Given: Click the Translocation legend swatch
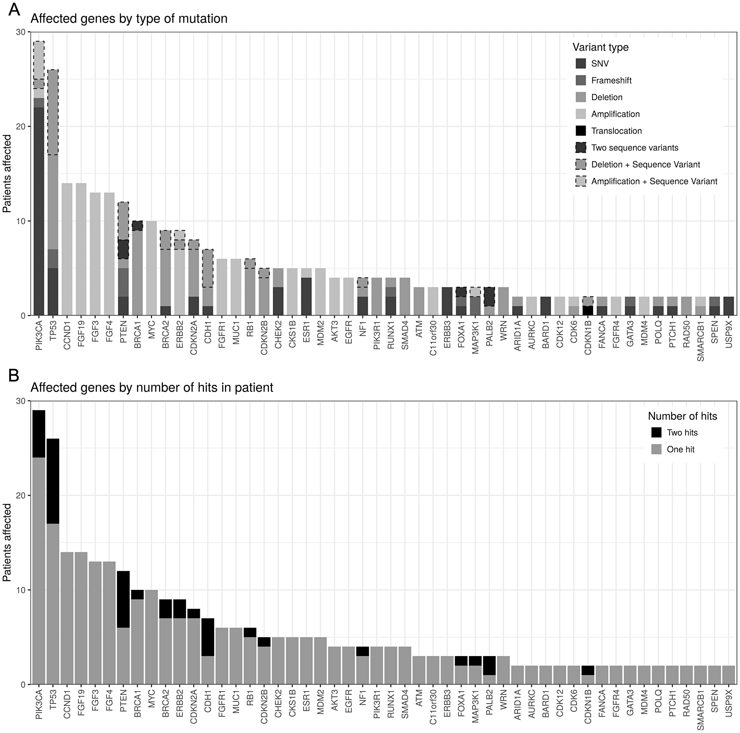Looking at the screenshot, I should (x=581, y=131).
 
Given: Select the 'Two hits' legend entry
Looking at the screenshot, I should (x=682, y=433).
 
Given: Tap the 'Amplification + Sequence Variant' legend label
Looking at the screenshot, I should (x=654, y=181).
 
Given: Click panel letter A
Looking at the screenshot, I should (x=14, y=10).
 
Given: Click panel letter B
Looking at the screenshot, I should (x=14, y=376).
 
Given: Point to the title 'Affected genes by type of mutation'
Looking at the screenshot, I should (x=129, y=18).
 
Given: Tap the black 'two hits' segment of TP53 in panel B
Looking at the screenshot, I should (x=53, y=481).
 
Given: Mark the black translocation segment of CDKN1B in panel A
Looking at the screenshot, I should (x=588, y=310).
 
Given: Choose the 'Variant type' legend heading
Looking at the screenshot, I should (x=600, y=47).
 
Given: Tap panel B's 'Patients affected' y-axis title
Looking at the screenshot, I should (x=7, y=542).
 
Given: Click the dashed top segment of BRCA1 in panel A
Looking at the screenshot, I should (x=138, y=226).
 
